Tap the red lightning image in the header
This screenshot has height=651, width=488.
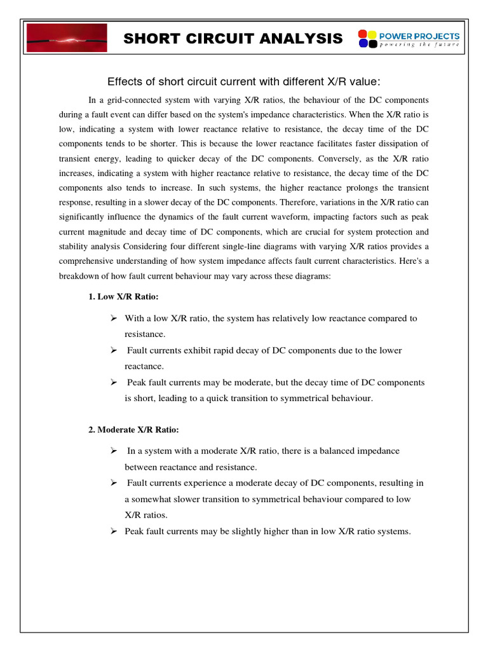point(66,38)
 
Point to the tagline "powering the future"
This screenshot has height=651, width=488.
point(419,45)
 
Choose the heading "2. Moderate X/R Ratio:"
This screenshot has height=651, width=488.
point(129,430)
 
